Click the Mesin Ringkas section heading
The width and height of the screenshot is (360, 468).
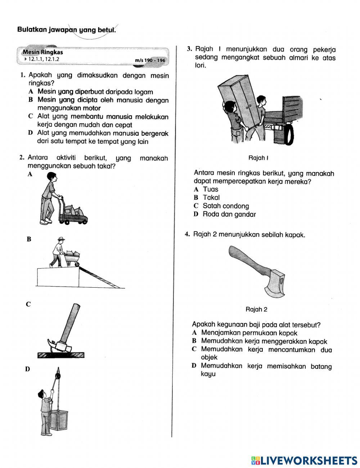[42, 52]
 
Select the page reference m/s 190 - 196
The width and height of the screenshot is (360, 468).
[150, 60]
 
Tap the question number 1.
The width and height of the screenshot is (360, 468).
[22, 75]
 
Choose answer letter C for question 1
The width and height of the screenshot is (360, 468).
[31, 117]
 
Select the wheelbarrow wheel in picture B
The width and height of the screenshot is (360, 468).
[77, 265]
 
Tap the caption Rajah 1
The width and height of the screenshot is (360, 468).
[259, 158]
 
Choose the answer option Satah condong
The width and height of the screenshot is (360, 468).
[226, 206]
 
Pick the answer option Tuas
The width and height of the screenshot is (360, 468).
[211, 189]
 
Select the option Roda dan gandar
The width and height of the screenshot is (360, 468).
[229, 215]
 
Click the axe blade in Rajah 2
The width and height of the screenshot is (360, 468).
[275, 286]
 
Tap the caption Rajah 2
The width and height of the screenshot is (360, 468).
[256, 309]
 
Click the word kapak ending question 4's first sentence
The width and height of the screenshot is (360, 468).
[295, 235]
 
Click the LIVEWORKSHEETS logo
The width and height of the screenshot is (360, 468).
[304, 460]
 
